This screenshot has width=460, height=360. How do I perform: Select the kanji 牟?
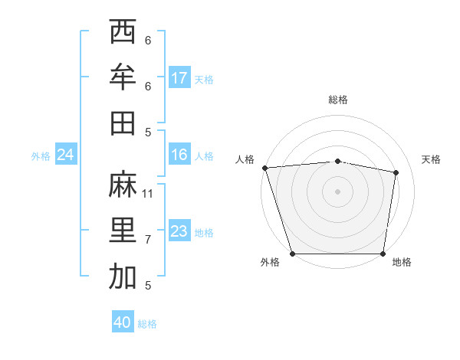click(123, 77)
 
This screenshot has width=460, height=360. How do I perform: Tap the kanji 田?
click(123, 123)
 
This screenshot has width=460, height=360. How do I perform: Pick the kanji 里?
click(123, 231)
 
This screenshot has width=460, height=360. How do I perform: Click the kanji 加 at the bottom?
click(123, 277)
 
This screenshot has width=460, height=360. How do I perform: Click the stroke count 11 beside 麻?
click(148, 194)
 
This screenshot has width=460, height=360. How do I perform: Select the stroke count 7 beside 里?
click(148, 240)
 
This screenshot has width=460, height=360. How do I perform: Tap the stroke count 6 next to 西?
click(148, 41)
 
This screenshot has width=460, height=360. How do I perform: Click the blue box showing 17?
click(179, 78)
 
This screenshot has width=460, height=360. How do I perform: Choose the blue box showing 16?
click(179, 155)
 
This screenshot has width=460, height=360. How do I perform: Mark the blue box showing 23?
click(179, 232)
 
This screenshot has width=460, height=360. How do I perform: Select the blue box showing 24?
click(66, 155)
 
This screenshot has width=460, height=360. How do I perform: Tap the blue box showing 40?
click(123, 323)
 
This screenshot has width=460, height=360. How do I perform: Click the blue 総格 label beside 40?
click(147, 324)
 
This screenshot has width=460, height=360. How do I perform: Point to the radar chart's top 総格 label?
click(337, 100)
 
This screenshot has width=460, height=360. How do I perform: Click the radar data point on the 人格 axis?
click(264, 167)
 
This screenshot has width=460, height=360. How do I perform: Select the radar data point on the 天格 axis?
click(396, 172)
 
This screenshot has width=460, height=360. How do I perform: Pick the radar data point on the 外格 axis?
click(292, 254)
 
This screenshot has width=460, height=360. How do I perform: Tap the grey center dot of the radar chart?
click(337, 191)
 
